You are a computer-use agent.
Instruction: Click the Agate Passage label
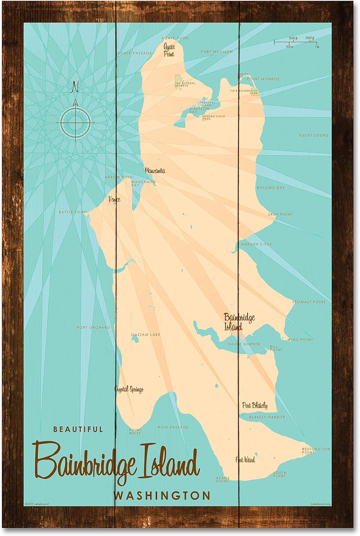(134, 53)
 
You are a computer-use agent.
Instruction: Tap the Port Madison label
(216, 52)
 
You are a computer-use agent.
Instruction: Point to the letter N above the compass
(75, 87)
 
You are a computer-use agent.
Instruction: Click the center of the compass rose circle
(75, 123)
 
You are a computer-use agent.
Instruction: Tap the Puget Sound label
(313, 135)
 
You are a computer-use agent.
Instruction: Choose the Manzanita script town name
(155, 171)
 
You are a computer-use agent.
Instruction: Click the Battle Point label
(73, 212)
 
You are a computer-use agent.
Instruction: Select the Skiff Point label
(280, 214)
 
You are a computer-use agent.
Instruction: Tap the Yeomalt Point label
(309, 302)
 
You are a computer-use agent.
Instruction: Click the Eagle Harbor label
(244, 344)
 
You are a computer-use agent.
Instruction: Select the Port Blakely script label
(254, 406)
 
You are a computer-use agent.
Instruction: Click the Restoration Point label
(311, 451)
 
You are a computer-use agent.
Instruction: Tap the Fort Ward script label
(245, 460)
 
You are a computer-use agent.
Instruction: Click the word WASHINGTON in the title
(161, 496)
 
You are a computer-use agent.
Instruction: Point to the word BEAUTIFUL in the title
(78, 429)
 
